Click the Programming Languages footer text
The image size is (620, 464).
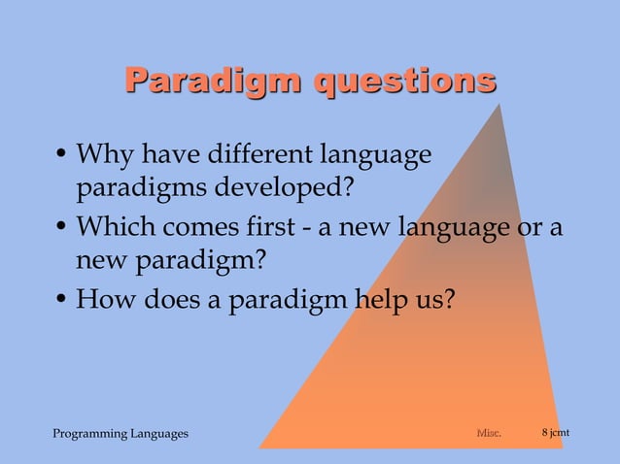120,433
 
